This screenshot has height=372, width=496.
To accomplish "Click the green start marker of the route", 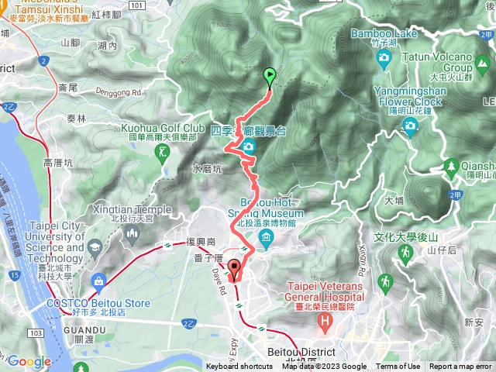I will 270,77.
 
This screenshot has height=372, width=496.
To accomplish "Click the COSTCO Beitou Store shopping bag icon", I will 99,280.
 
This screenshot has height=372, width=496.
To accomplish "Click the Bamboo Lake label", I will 384,33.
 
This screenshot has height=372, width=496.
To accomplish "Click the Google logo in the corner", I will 29,361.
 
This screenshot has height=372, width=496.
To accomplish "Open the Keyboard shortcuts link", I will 239,367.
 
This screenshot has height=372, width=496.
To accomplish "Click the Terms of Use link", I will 398,367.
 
